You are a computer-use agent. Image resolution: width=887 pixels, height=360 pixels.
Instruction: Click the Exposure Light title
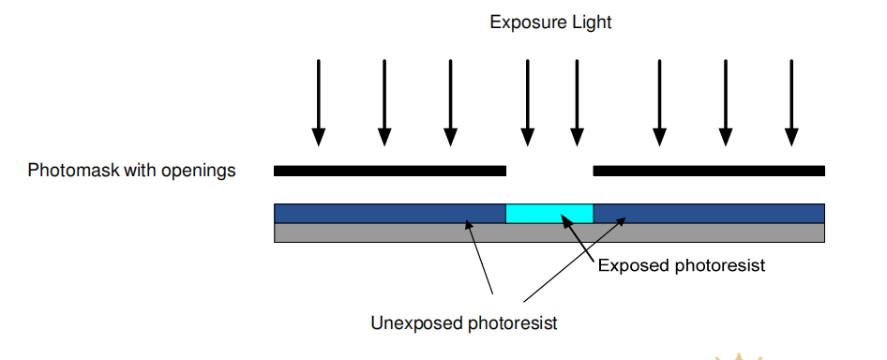tap(550, 22)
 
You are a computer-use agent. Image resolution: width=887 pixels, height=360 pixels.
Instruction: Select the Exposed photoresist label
tap(681, 265)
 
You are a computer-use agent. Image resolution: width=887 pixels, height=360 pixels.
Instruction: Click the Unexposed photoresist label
tap(464, 322)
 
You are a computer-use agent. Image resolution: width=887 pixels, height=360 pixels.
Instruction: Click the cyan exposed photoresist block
tap(549, 214)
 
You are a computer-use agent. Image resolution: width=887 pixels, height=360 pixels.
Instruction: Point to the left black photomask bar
tap(390, 171)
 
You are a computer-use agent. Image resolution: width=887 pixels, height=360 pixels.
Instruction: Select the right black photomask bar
tap(709, 171)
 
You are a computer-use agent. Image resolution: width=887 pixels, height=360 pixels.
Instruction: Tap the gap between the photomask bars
tap(549, 171)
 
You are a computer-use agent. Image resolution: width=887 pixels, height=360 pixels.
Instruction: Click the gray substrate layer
tap(549, 232)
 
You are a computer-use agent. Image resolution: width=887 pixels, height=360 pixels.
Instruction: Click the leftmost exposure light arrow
tap(319, 102)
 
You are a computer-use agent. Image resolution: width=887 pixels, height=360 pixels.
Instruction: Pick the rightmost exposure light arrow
tap(791, 102)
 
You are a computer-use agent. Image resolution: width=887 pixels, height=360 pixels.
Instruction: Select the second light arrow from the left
tap(384, 102)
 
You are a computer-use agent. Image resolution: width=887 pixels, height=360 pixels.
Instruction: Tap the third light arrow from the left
tap(450, 102)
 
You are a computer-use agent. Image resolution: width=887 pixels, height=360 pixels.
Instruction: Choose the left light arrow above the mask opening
tap(528, 102)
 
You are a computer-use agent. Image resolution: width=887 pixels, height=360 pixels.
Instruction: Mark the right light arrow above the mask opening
tap(577, 102)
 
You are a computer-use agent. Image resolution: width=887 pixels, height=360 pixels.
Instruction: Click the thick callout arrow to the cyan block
tap(578, 238)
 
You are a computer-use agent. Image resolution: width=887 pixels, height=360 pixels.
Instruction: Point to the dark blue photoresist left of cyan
tap(390, 214)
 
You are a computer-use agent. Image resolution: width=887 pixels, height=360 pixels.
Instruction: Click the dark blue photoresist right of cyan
tap(709, 214)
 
